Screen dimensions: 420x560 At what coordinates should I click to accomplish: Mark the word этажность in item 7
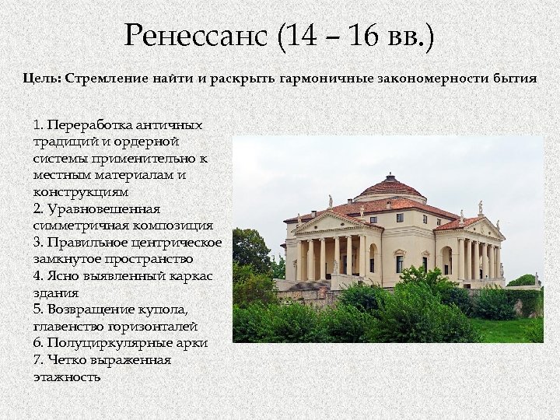[67, 377]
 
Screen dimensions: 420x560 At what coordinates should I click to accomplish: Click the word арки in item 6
[193, 343]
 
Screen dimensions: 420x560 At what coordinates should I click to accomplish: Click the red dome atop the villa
[390, 186]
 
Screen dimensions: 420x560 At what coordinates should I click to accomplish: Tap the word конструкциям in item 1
[81, 191]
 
